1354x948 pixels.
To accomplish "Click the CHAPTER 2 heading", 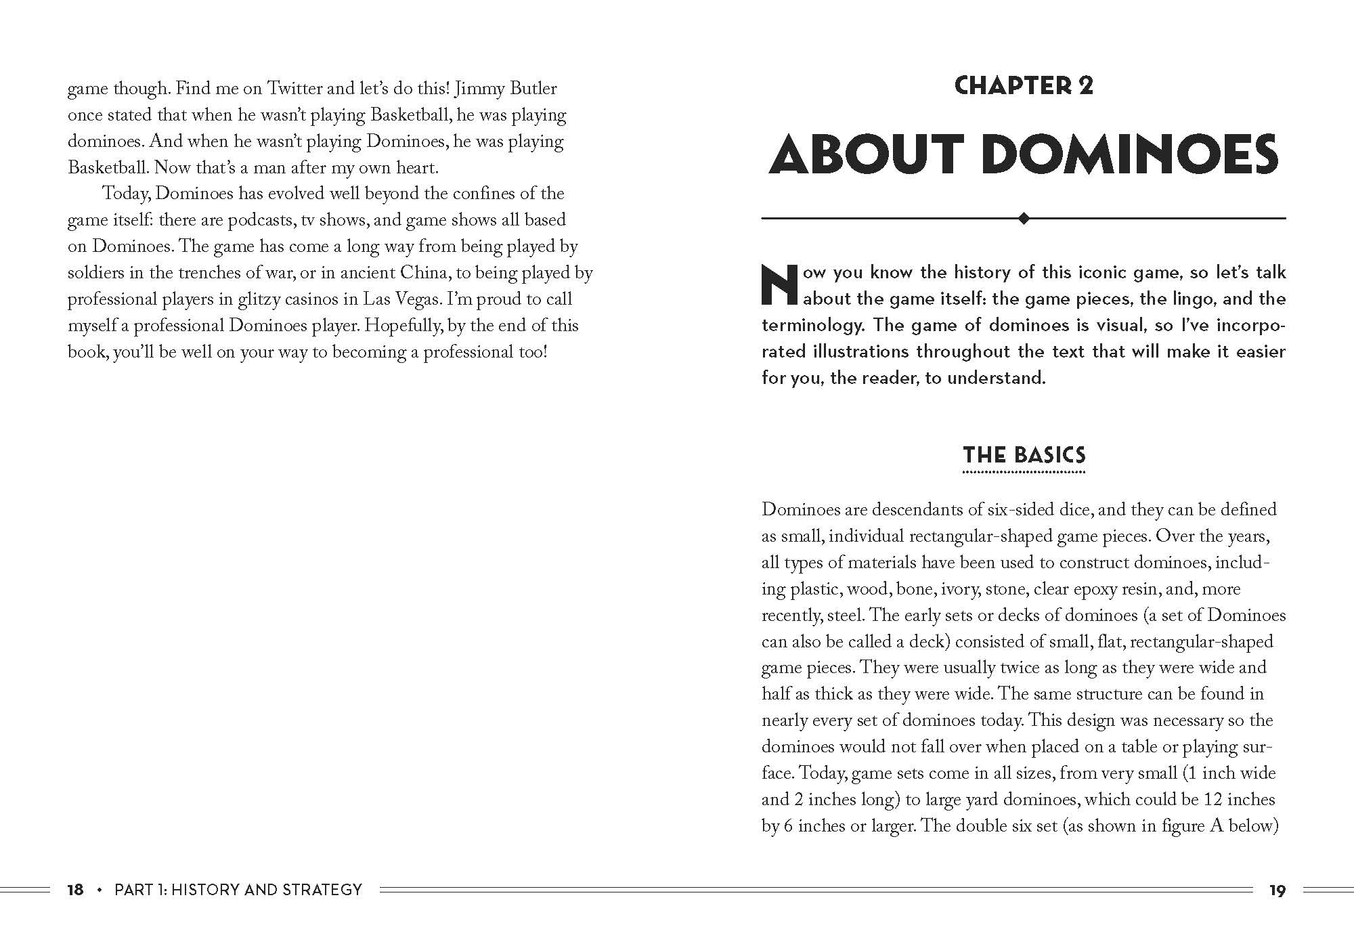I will coord(1023,86).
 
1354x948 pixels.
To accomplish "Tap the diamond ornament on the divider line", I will coord(1024,218).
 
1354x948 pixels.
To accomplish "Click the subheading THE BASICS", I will coord(1024,455).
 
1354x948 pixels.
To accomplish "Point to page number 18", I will coord(75,890).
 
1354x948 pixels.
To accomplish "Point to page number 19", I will coord(1277,890).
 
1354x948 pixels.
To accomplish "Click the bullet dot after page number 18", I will coord(100,890).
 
